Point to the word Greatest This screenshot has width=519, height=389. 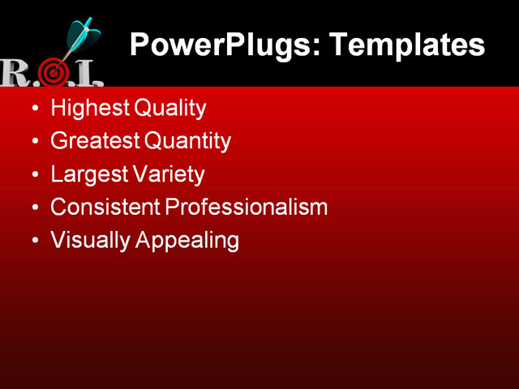point(95,141)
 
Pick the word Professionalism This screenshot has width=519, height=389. point(247,207)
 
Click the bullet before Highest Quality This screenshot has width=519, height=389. point(33,109)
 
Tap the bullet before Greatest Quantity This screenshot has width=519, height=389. point(33,142)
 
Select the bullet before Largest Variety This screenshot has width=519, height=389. point(33,175)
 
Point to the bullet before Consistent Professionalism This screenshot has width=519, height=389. point(33,207)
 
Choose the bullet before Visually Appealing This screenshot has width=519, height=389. point(33,242)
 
